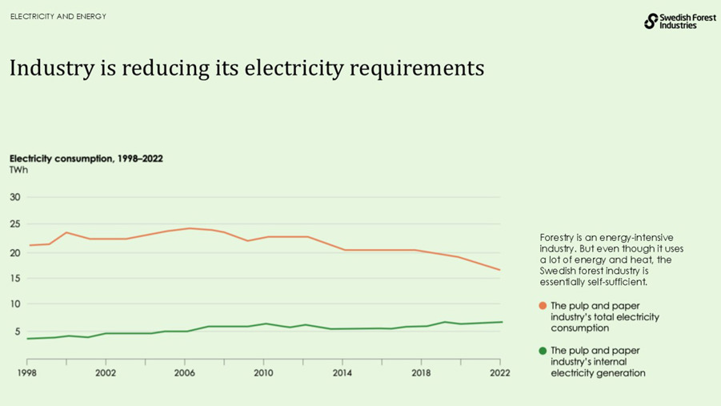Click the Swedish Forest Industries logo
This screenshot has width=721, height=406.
680,21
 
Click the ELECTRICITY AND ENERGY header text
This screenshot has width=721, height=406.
58,17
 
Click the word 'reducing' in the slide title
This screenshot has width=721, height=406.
166,69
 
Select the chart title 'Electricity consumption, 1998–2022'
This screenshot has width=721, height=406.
86,159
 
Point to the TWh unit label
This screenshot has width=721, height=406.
18,171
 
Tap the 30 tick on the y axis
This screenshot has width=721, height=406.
15,197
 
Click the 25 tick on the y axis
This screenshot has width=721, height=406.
15,224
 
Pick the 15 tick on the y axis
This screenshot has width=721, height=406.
15,278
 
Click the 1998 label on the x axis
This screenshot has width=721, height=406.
27,372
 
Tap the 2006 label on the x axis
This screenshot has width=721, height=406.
185,372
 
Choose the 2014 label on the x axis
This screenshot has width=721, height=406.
342,372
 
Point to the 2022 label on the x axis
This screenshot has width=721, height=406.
500,372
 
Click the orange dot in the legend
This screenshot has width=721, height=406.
543,306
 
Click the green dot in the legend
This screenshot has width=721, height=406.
543,351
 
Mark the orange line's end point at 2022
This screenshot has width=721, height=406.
500,270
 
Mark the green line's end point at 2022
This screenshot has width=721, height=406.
501,322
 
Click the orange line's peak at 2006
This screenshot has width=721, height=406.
189,228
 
